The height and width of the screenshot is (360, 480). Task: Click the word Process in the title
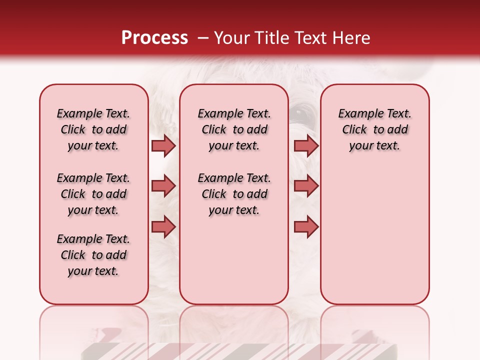pyautogui.click(x=154, y=38)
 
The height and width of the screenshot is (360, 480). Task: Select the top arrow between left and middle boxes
pyautogui.click(x=163, y=146)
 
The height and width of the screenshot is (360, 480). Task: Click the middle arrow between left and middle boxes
pyautogui.click(x=163, y=186)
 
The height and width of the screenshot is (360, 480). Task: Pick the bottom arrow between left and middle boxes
pyautogui.click(x=163, y=227)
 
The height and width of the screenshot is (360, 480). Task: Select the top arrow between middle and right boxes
pyautogui.click(x=306, y=146)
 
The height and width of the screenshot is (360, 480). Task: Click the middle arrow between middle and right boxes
pyautogui.click(x=306, y=186)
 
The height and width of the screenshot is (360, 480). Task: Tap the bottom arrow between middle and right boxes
pyautogui.click(x=306, y=227)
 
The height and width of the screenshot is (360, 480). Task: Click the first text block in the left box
pyautogui.click(x=93, y=129)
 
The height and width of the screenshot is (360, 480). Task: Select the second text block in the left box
pyautogui.click(x=93, y=194)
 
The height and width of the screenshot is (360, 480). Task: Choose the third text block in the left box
pyautogui.click(x=93, y=255)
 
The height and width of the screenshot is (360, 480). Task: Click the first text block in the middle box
pyautogui.click(x=234, y=129)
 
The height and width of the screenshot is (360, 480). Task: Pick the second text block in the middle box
pyautogui.click(x=234, y=194)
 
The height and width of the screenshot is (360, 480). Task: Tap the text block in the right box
pyautogui.click(x=374, y=129)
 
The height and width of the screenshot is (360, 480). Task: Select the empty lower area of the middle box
pyautogui.click(x=234, y=260)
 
